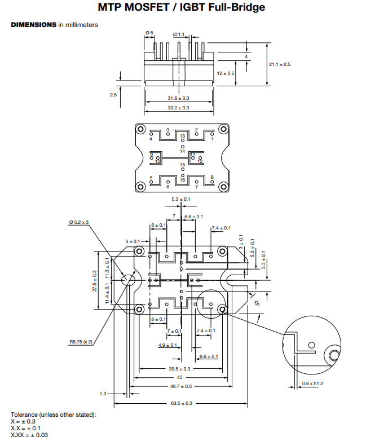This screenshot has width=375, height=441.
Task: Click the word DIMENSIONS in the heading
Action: [x=33, y=25]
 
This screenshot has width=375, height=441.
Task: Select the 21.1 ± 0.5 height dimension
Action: [x=280, y=64]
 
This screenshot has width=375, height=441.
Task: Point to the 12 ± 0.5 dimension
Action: [x=226, y=73]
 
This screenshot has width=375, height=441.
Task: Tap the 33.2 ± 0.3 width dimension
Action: [x=178, y=107]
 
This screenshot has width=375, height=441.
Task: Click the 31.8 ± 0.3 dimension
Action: [x=178, y=98]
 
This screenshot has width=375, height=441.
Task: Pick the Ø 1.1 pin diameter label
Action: [x=179, y=35]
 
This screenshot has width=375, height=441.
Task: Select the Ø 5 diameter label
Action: [x=149, y=33]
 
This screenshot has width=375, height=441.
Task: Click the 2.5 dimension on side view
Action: [x=113, y=95]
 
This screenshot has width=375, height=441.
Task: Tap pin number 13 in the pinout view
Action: [x=182, y=136]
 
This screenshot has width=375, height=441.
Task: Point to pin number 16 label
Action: [x=182, y=180]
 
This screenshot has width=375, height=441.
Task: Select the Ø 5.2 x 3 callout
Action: [x=79, y=222]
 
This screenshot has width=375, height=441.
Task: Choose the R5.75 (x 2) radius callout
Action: [x=81, y=341]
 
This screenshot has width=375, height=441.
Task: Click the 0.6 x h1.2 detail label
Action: [x=312, y=384]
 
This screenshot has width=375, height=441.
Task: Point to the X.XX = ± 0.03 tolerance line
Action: [x=29, y=434]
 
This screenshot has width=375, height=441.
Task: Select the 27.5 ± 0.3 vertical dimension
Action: [x=95, y=280]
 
